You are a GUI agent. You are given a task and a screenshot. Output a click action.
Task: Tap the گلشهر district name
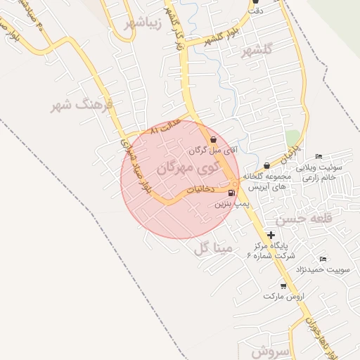pyautogui.click(x=256, y=52)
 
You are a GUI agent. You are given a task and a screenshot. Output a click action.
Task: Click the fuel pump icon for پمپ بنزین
pyautogui.click(x=231, y=192)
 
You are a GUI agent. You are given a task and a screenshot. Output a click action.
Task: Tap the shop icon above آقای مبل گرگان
pyautogui.click(x=214, y=140)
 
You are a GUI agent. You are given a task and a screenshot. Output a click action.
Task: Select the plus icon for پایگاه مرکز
pyautogui.click(x=271, y=235)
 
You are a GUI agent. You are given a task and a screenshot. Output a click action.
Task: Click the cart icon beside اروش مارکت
pyautogui.click(x=283, y=285)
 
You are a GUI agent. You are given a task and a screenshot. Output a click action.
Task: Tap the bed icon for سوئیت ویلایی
pyautogui.click(x=319, y=156)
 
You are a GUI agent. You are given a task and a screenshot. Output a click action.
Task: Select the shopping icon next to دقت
pyautogui.click(x=255, y=1)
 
